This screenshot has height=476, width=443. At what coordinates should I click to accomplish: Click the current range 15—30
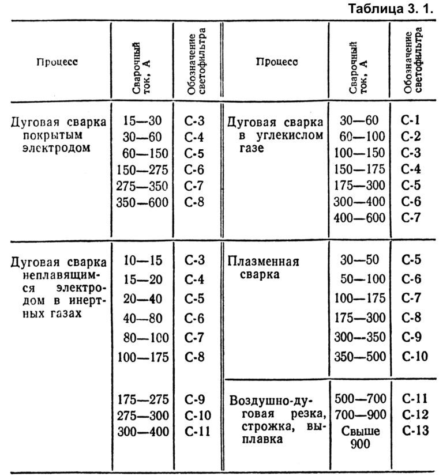(143, 120)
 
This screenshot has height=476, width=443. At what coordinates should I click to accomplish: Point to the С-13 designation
(413, 432)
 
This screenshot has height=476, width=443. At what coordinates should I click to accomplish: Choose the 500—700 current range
(360, 399)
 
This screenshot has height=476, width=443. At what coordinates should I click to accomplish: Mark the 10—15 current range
(143, 261)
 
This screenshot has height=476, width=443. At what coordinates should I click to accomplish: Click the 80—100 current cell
(143, 338)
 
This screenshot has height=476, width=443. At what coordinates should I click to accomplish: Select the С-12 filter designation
(413, 415)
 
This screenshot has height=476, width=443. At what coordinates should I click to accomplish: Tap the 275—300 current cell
(143, 415)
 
